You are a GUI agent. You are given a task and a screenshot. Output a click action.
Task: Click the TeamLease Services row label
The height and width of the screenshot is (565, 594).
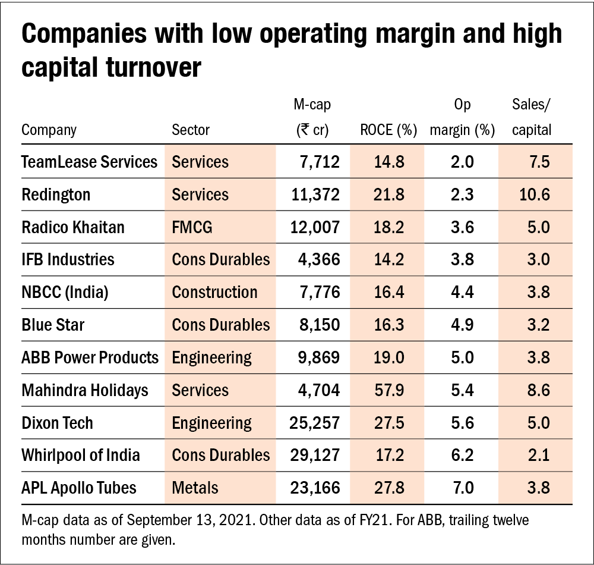pos(89,162)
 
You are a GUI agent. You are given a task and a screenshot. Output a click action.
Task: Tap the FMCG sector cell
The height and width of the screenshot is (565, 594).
pos(191,227)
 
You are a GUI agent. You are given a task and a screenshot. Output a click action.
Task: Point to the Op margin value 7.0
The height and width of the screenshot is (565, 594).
pos(462,488)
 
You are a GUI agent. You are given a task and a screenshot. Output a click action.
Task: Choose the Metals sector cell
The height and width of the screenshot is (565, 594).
pos(195,488)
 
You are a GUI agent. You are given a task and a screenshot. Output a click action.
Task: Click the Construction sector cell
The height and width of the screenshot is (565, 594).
pos(214,292)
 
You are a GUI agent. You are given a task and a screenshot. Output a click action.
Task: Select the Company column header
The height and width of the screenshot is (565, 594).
pos(49,130)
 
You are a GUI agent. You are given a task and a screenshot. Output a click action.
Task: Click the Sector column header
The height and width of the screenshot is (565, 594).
pos(190,130)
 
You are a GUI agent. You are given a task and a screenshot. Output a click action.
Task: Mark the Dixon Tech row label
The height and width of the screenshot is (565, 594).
pos(57,423)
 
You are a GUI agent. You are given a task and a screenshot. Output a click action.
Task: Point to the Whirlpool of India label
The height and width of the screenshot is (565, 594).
pos(81,455)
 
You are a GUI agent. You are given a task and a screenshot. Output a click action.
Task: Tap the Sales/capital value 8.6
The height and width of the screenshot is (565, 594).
pos(538,390)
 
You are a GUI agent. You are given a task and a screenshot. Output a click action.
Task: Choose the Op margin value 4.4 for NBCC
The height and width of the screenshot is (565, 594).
pos(462,292)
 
